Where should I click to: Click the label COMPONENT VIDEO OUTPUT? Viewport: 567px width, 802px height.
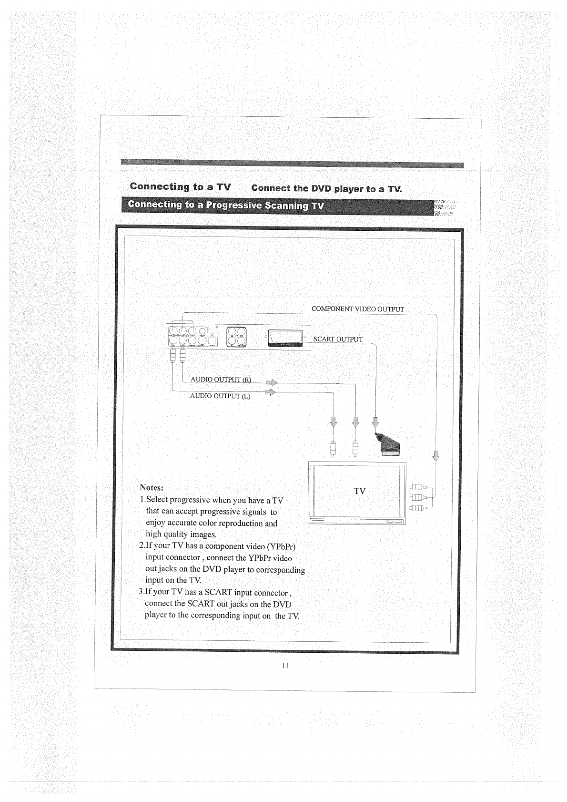[357, 309]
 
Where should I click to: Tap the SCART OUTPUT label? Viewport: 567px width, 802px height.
[338, 339]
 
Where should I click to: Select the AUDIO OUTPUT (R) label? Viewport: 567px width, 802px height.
[221, 380]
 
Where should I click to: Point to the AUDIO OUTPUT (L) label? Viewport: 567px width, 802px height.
[220, 396]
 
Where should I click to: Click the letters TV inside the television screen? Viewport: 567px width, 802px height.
[360, 491]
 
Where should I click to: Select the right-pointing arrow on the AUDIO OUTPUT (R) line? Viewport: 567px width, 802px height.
[272, 382]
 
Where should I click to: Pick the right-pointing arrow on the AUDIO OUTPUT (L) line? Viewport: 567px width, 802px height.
[270, 392]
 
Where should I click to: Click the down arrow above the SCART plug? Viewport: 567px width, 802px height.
[375, 422]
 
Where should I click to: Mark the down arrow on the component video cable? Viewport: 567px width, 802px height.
[435, 455]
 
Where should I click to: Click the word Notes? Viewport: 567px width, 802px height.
[152, 488]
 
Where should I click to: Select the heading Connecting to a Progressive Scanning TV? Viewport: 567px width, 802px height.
[223, 206]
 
